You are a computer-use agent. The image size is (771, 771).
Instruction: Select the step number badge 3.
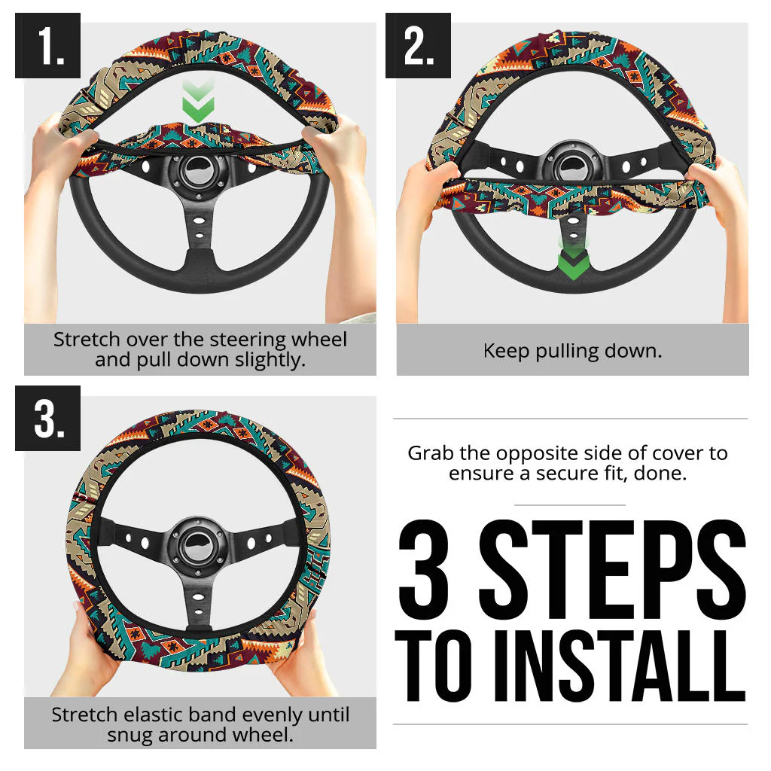47,418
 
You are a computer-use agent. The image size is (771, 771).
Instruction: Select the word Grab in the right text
428,453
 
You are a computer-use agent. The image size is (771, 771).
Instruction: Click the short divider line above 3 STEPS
569,504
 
